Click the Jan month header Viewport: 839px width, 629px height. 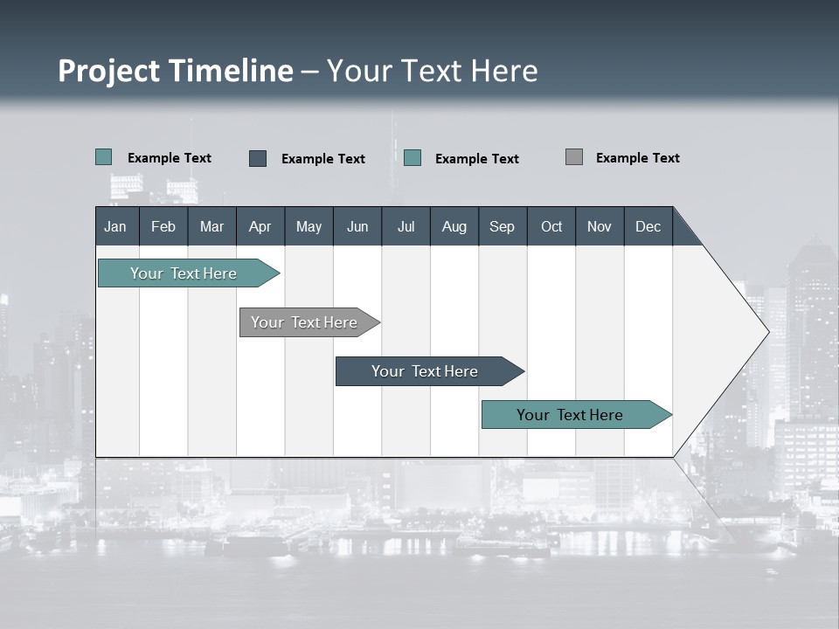[x=115, y=226]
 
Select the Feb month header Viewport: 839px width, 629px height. [x=163, y=226]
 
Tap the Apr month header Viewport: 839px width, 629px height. [x=260, y=226]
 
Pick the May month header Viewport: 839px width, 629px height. [x=309, y=226]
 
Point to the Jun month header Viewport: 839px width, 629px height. [x=357, y=226]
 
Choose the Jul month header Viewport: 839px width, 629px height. [x=406, y=226]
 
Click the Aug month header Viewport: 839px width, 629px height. [x=454, y=226]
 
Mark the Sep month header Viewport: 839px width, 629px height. [x=502, y=226]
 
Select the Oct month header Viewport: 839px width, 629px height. [x=551, y=226]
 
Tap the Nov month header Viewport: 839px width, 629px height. [x=600, y=226]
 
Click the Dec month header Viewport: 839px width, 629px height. [x=648, y=226]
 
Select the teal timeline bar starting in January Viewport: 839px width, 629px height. [x=184, y=273]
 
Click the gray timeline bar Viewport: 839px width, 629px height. [x=304, y=322]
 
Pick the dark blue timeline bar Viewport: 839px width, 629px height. [x=425, y=371]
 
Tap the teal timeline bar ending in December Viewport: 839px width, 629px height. [x=570, y=415]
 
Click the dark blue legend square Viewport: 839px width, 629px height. [x=258, y=158]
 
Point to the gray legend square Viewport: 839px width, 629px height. [x=574, y=157]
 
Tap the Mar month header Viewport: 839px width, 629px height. [x=211, y=226]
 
